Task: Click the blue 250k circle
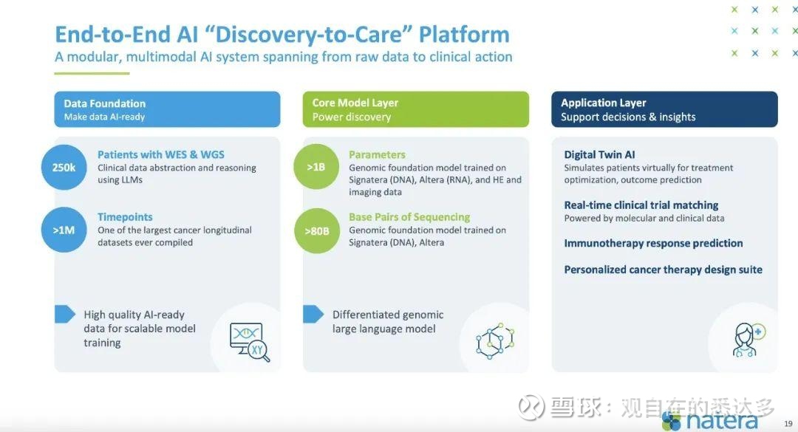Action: click(x=64, y=168)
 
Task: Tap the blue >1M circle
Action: click(x=64, y=230)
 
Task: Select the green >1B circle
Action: click(x=316, y=167)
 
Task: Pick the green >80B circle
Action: click(x=316, y=231)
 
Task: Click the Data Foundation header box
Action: click(x=168, y=109)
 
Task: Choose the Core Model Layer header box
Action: click(x=416, y=109)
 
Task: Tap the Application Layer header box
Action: click(x=665, y=109)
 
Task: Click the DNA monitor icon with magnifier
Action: click(x=250, y=342)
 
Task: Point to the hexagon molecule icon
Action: click(x=495, y=341)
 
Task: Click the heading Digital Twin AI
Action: click(x=599, y=154)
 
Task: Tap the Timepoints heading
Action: click(x=125, y=217)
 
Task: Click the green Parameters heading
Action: click(x=377, y=154)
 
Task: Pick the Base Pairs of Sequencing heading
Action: click(x=409, y=217)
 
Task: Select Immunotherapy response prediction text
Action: click(x=653, y=243)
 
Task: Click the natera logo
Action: click(x=710, y=422)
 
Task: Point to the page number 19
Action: click(x=788, y=423)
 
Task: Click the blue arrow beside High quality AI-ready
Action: click(x=64, y=315)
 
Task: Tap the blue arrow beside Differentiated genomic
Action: click(x=313, y=315)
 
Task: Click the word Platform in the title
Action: click(x=464, y=35)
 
